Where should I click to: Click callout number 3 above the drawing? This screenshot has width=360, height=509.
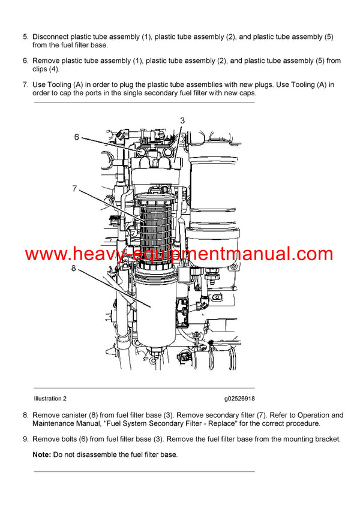tap(182, 121)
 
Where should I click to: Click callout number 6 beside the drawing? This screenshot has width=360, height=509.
tap(77, 137)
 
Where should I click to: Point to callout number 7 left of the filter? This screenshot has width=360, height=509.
tap(74, 189)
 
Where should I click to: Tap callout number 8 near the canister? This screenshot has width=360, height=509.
tap(74, 268)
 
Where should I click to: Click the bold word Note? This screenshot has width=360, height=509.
tap(41, 455)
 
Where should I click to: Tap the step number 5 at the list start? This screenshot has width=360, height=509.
tap(25, 37)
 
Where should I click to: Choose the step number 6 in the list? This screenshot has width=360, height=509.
tap(25, 61)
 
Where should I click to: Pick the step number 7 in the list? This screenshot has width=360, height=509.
tap(25, 85)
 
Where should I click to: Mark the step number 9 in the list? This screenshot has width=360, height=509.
tap(25, 439)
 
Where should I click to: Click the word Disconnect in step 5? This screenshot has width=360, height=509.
tap(53, 37)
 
